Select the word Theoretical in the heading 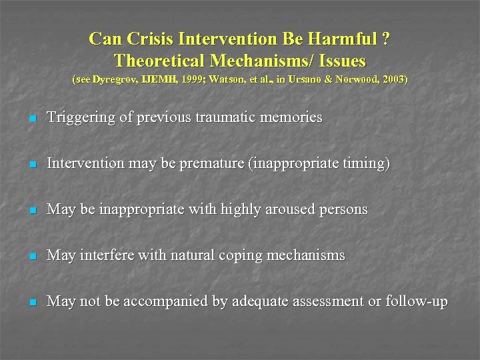(x=159, y=61)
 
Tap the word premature (x=214, y=164)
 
